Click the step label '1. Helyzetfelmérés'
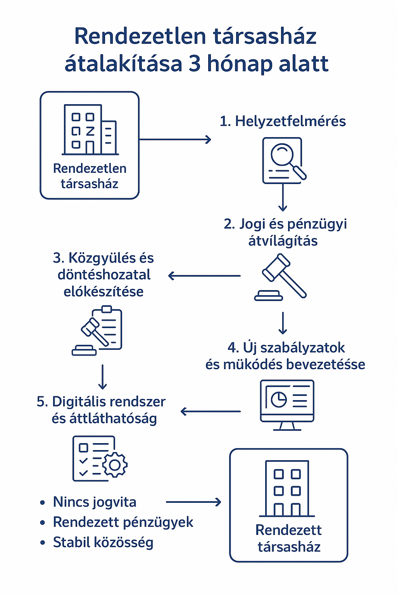tap(283, 121)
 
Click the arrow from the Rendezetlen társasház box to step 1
tap(175, 139)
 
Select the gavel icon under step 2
tap(281, 277)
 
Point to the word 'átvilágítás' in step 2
tap(283, 241)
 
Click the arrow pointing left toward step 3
tap(204, 276)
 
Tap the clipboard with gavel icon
tap(99, 330)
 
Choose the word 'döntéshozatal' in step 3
tap(104, 275)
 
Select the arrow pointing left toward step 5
tap(211, 411)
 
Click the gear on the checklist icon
tap(115, 464)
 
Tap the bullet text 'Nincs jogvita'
tap(95, 502)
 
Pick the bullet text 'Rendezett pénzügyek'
tap(123, 522)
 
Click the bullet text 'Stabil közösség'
tap(103, 542)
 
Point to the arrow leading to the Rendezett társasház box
tap(193, 502)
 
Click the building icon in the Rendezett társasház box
tap(287, 488)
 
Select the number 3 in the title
tap(195, 64)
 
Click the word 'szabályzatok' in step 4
tap(302, 348)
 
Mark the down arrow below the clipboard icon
tap(103, 377)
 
